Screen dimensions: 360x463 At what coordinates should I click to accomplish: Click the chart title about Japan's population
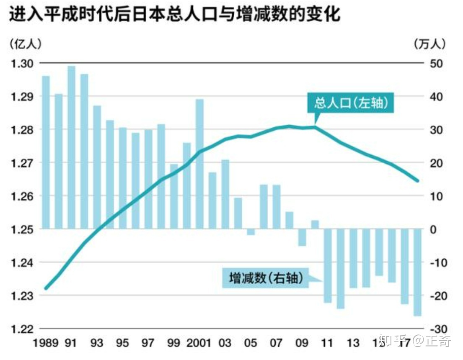pos(174,15)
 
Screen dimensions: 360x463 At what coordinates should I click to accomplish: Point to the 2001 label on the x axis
pos(198,343)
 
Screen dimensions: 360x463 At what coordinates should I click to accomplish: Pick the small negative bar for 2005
pos(251,232)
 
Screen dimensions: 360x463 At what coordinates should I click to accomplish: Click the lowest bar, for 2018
pos(417,272)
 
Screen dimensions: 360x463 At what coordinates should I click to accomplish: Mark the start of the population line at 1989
pos(46,288)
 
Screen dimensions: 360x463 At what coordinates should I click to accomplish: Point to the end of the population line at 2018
pos(417,181)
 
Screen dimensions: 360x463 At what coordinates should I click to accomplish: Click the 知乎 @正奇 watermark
pos(414,341)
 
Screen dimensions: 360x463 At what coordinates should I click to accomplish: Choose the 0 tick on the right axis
pos(435,229)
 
